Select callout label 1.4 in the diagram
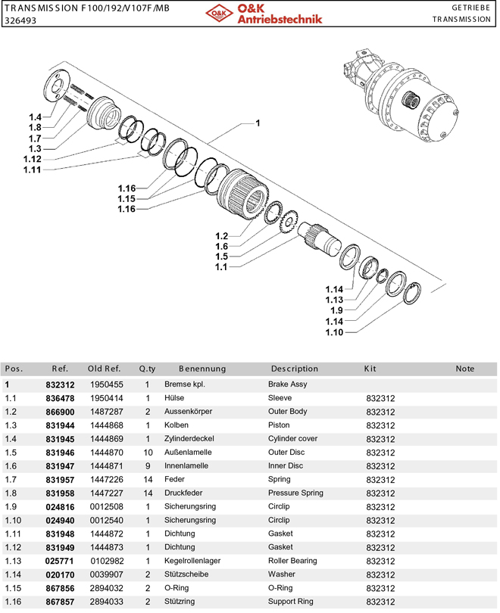tap(34, 117)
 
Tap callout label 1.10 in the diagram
tap(334, 332)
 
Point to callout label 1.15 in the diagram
tap(126, 198)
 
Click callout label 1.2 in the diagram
tap(221, 236)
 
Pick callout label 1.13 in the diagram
tap(334, 300)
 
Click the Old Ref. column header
tap(104, 369)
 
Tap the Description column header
tap(295, 369)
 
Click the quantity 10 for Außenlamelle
tap(148, 453)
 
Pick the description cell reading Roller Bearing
tap(292, 561)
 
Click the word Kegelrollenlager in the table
tap(191, 561)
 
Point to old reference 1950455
tap(106, 384)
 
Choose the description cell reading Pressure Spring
tap(295, 493)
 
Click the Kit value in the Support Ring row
tap(380, 602)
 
